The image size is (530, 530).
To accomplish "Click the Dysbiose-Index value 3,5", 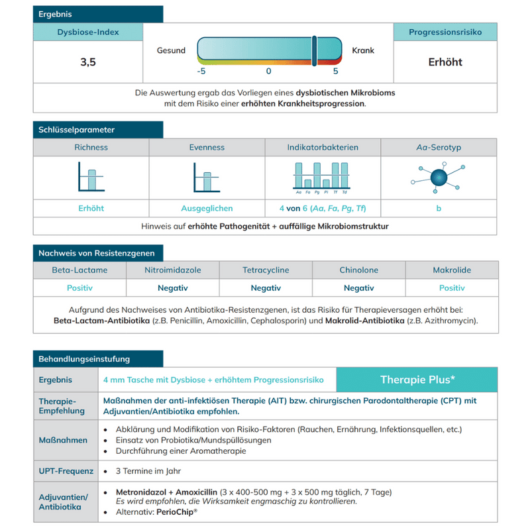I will pos(88,63).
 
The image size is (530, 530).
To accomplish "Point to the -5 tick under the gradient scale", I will pos(201,71).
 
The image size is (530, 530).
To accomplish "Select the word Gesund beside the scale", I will pos(171,50).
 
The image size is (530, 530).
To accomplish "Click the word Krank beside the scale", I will pos(363,50).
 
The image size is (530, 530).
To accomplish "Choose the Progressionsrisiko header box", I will pos(445,32).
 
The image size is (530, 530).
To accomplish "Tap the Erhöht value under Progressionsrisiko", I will pos(445,62).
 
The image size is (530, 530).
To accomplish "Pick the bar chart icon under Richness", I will pos(91,179).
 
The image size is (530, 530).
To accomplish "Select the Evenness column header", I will pos(207,147).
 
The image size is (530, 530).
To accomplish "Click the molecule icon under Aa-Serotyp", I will pos(438,178).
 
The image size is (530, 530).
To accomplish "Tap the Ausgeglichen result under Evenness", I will pos(207,209).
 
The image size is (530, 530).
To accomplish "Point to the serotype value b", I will pos(438,209).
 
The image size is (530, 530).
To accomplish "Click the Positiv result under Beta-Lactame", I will pos(79,288).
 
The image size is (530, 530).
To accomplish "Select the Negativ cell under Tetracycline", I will pos(266,288).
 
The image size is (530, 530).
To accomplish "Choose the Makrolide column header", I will pos(452,270).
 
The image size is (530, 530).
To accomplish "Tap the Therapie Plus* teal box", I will pos(417,380).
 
